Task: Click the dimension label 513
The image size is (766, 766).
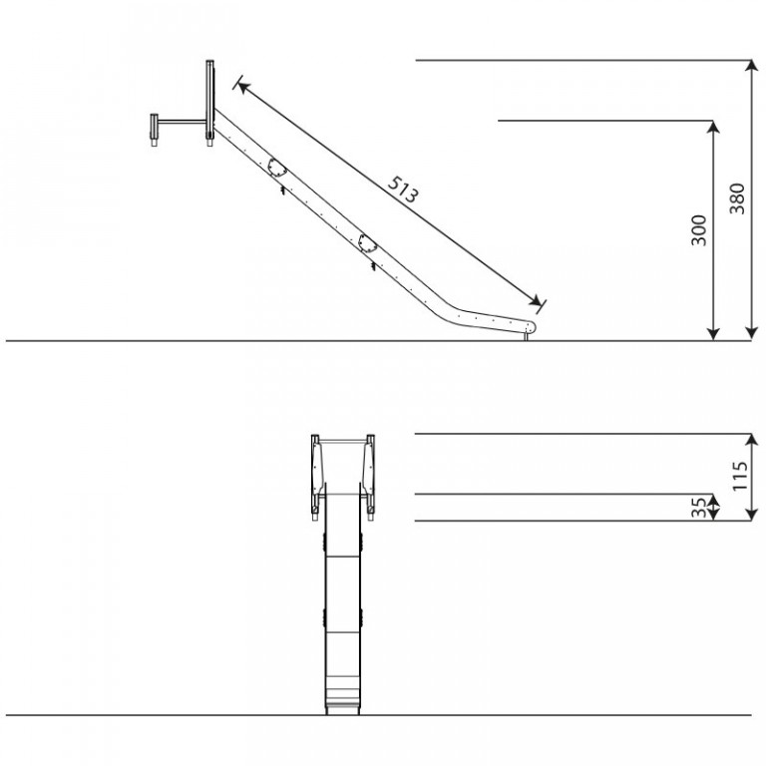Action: tap(403, 190)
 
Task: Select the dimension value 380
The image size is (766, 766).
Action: tap(737, 198)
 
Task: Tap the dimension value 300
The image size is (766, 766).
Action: tap(699, 230)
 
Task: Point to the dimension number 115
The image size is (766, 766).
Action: tap(740, 476)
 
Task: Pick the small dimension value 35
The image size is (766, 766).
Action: tap(699, 507)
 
